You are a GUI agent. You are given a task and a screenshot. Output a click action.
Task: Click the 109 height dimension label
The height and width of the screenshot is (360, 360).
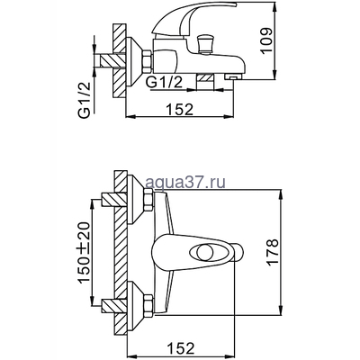tap(267, 40)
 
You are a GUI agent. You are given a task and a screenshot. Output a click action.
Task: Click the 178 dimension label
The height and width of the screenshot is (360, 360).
tap(274, 252)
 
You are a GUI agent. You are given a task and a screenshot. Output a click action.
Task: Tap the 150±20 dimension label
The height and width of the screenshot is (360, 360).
tap(85, 253)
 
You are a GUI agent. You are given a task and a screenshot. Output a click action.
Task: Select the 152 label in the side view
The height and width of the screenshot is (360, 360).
tap(180, 110)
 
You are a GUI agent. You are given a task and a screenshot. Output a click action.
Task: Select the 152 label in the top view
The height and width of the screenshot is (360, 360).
tap(180, 348)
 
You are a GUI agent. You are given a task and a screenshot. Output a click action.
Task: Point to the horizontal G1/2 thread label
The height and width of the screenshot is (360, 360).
tap(164, 82)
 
